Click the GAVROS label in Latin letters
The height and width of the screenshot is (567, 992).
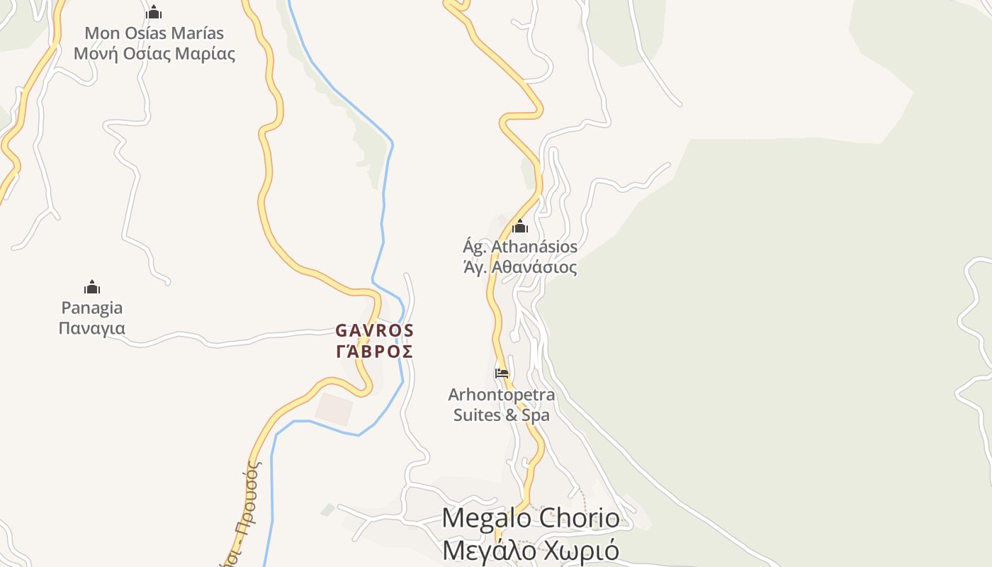pyautogui.click(x=374, y=330)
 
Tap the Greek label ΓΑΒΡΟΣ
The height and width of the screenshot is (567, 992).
pyautogui.click(x=374, y=351)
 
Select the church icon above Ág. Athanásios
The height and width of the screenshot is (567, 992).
pyautogui.click(x=520, y=227)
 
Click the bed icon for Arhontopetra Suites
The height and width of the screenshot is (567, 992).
pyautogui.click(x=502, y=373)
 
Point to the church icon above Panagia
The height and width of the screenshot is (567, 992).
pyautogui.click(x=92, y=287)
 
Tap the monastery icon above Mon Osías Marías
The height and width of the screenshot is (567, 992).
pyautogui.click(x=154, y=12)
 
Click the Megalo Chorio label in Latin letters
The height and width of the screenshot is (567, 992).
pyautogui.click(x=530, y=518)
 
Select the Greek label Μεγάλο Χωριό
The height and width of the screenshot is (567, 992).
pyautogui.click(x=530, y=550)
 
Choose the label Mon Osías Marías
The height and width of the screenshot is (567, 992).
pyautogui.click(x=154, y=33)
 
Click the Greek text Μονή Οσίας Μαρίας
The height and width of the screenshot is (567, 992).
pyautogui.click(x=154, y=53)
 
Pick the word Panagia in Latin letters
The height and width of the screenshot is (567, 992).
pyautogui.click(x=92, y=308)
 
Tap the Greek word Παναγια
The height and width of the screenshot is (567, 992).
pyautogui.click(x=92, y=328)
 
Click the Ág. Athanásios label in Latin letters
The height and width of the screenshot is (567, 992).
pyautogui.click(x=520, y=247)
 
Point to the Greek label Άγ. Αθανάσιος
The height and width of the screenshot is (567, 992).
pyautogui.click(x=520, y=267)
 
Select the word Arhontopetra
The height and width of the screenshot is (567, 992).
pyautogui.click(x=502, y=394)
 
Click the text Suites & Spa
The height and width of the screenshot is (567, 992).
pyautogui.click(x=502, y=415)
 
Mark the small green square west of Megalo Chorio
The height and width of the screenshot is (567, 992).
pyautogui.click(x=327, y=509)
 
